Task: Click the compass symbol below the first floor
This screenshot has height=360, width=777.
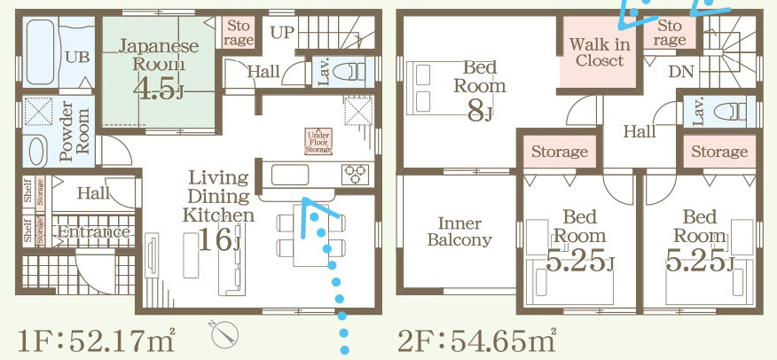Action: (224, 334)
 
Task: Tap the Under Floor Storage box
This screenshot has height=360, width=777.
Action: (318, 142)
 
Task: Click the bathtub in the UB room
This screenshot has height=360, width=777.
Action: (40, 52)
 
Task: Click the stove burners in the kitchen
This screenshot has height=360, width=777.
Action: (356, 175)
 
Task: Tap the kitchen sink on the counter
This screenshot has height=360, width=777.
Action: (290, 175)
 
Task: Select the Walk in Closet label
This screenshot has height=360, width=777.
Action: (600, 52)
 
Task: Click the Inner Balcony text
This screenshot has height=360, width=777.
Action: (459, 231)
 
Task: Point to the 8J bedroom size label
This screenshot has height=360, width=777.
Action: (480, 113)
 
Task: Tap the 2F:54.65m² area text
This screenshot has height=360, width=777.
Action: (476, 340)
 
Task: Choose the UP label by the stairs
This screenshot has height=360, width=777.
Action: (282, 33)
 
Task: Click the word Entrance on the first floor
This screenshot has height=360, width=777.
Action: (94, 231)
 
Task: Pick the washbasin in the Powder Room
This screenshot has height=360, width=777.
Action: (37, 152)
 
